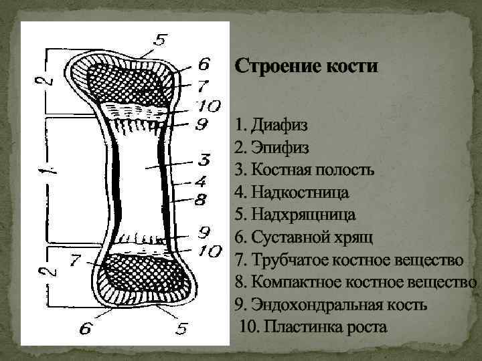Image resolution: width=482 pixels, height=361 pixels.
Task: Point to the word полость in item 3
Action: click(343, 170)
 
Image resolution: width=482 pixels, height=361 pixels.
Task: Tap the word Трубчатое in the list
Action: click(285, 259)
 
